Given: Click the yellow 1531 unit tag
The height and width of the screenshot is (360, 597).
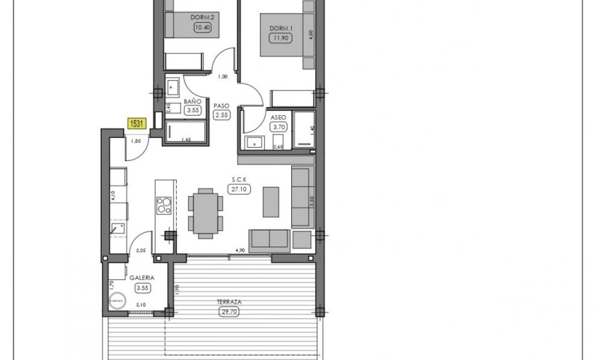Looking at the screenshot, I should (x=137, y=124).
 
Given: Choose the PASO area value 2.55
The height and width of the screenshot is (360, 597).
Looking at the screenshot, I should (x=222, y=116).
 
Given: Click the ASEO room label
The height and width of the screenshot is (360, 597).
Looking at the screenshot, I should (x=279, y=116).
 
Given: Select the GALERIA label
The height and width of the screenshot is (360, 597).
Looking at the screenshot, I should (x=142, y=278).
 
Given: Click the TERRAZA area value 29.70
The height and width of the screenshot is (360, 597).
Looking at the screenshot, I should (x=228, y=312).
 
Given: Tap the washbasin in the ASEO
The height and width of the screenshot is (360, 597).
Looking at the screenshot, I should (x=253, y=142).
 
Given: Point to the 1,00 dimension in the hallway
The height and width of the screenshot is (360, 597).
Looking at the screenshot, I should (x=223, y=77).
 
